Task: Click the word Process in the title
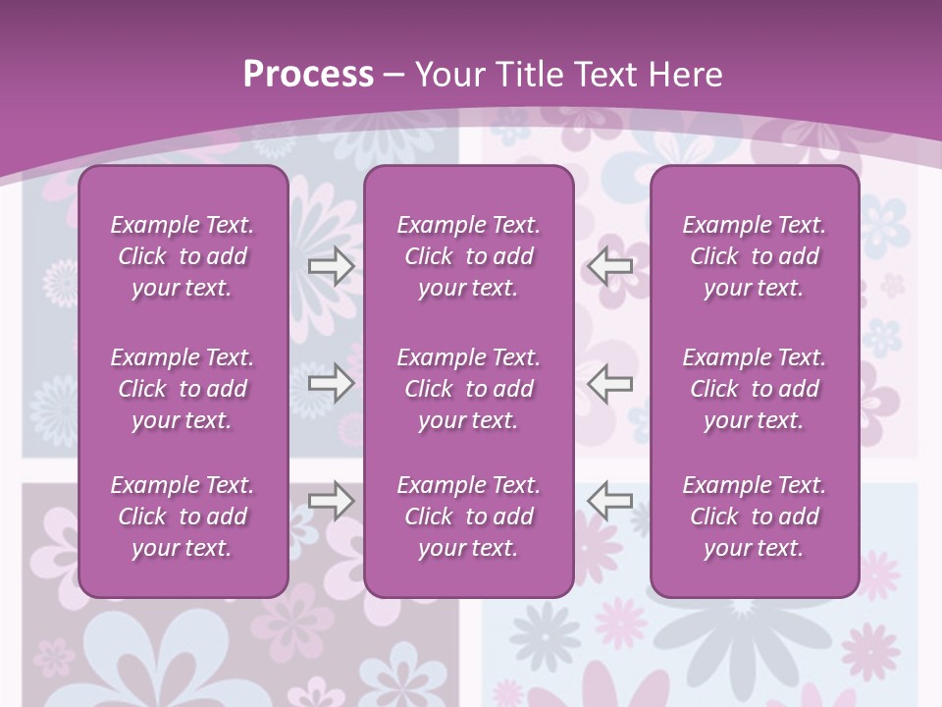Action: point(308,75)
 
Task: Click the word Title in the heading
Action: point(526,75)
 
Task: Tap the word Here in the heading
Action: point(685,75)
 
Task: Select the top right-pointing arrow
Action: point(331,266)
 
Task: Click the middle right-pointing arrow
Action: point(331,383)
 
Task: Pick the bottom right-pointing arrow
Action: point(331,500)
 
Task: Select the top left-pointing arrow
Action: point(610,266)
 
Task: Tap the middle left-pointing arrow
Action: point(610,383)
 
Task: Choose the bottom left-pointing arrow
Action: point(610,500)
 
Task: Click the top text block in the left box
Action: point(183,256)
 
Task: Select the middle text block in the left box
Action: point(183,389)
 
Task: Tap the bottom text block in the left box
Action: point(183,517)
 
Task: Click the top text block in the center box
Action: point(468,256)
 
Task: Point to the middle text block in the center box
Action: point(468,389)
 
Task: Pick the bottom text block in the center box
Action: point(468,517)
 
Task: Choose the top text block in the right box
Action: point(754,256)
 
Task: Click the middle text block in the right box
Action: point(754,389)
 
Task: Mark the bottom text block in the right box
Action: point(754,517)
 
